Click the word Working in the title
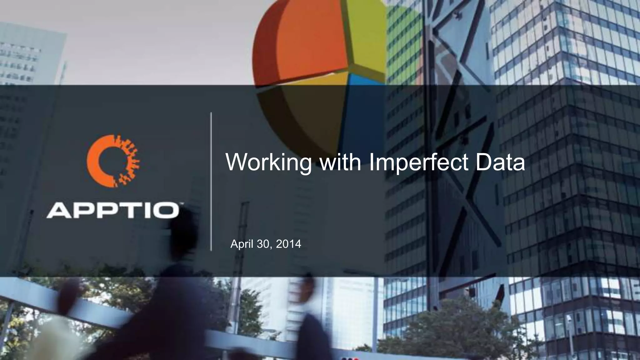268,162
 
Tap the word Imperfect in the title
419,162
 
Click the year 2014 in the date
288,244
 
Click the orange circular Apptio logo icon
113,161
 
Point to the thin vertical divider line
211,181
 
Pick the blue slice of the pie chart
362,106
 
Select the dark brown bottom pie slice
309,116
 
